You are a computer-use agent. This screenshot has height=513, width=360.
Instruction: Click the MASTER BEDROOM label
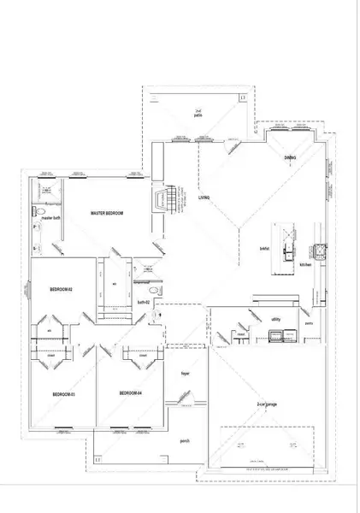(107, 212)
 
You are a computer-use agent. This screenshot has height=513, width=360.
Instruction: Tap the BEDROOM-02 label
(60, 291)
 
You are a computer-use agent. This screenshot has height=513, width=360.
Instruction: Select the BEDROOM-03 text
(64, 393)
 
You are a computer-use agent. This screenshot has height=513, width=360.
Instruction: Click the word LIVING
(204, 198)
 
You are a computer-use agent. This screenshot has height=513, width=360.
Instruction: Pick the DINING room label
(290, 159)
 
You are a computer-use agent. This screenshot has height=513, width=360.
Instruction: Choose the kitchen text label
(304, 265)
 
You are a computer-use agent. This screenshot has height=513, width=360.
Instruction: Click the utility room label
(275, 319)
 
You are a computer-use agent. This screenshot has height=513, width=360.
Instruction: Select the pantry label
(310, 325)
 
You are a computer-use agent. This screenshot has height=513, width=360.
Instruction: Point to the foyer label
(184, 374)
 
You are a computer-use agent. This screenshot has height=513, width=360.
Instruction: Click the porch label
(184, 441)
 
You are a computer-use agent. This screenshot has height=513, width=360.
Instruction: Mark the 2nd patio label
(198, 113)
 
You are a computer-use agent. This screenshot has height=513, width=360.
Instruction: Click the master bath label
(50, 219)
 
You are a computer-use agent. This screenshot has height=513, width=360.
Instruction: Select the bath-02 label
(144, 302)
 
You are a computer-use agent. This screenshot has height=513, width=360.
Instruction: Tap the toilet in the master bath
(40, 210)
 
